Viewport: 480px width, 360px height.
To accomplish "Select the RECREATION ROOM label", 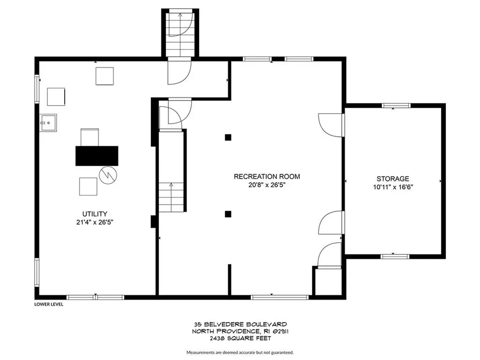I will click(x=267, y=177).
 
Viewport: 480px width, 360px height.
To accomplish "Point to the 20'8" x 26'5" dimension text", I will click(x=267, y=185).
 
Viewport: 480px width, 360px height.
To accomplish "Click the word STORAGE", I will click(x=393, y=179).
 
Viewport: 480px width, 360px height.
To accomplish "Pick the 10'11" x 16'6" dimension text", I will click(x=393, y=187).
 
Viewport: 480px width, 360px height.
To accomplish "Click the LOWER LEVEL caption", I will click(x=49, y=304).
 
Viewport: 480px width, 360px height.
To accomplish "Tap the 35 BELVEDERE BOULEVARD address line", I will click(x=240, y=324).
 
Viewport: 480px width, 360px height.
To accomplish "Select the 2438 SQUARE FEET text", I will click(x=240, y=338).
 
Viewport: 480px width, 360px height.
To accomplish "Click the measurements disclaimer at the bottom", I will click(x=240, y=352).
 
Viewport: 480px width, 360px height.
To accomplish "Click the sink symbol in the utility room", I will click(x=48, y=123).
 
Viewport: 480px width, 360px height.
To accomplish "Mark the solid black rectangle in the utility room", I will click(x=97, y=156).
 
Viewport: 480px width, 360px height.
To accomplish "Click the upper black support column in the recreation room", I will click(x=228, y=137).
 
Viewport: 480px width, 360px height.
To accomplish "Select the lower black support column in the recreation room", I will click(x=228, y=214).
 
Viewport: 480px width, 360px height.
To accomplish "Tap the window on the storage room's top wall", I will click(x=396, y=105).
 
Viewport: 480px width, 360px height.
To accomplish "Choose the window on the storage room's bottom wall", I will click(x=395, y=256).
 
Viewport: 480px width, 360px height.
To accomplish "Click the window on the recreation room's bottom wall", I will click(x=280, y=297).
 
